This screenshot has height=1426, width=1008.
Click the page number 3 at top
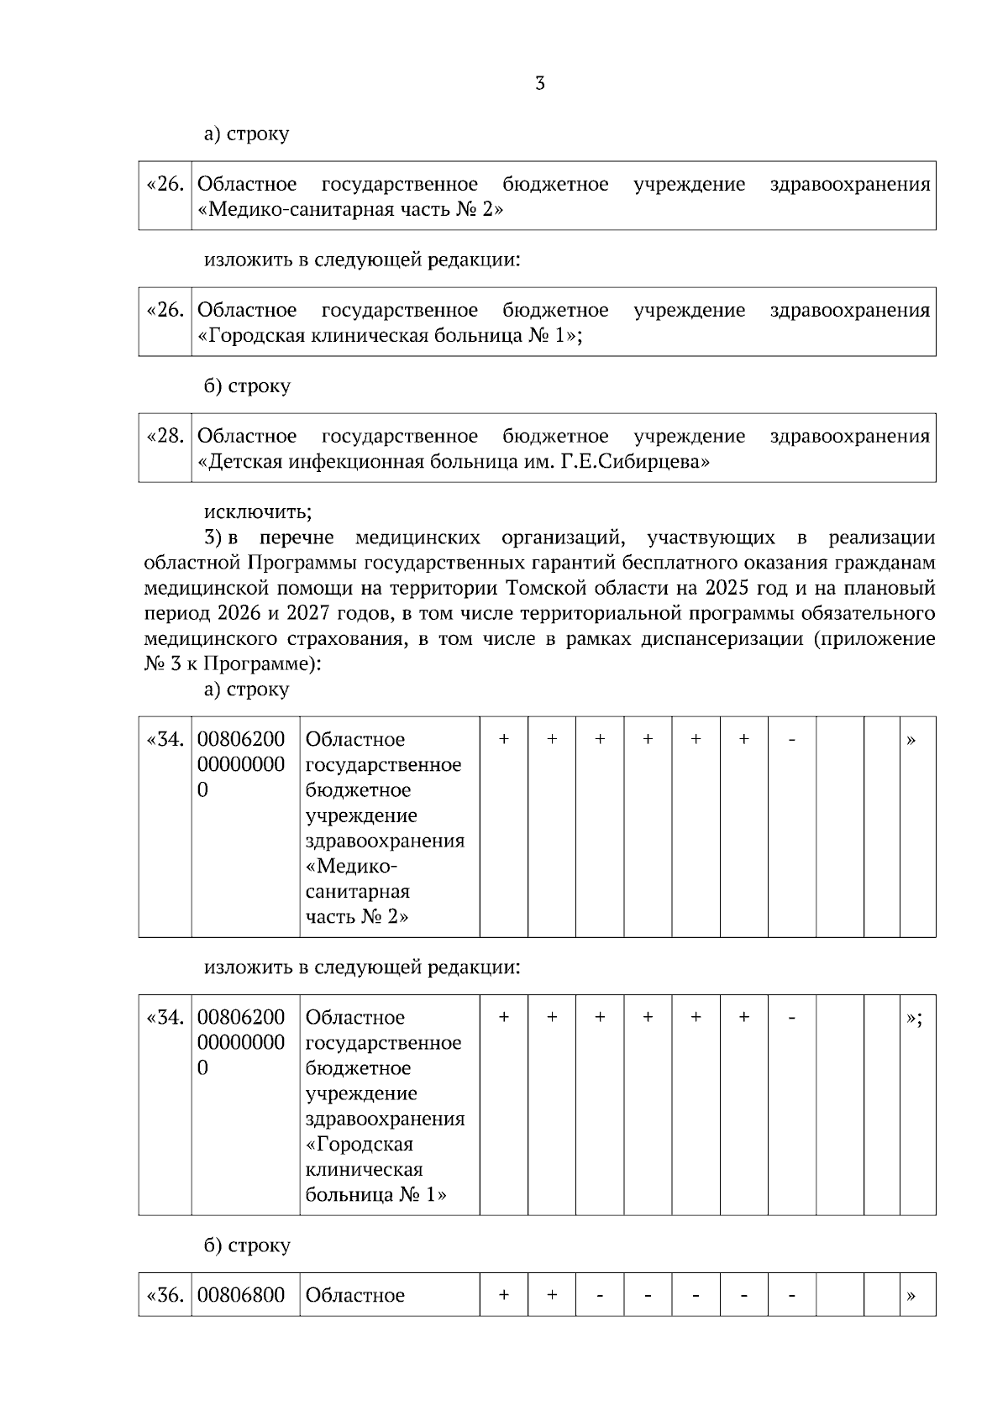pos(540,84)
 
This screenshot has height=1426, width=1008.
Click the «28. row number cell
pos(165,437)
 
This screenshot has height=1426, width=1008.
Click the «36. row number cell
pos(165,1296)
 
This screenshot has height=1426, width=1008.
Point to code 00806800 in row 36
pos(241,1296)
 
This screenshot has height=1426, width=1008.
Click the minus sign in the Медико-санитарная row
pos(791,740)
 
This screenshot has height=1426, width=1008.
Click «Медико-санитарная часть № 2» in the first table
pos(350,210)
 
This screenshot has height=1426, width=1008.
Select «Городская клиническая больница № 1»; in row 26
pos(390,336)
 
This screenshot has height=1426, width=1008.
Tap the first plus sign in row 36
pos(504,1296)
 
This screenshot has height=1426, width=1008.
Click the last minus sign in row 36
pos(791,1296)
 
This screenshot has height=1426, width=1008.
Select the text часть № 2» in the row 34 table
pos(357,917)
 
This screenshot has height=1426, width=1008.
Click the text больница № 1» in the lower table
pos(375,1195)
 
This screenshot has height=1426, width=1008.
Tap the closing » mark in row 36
pos(911,1296)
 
